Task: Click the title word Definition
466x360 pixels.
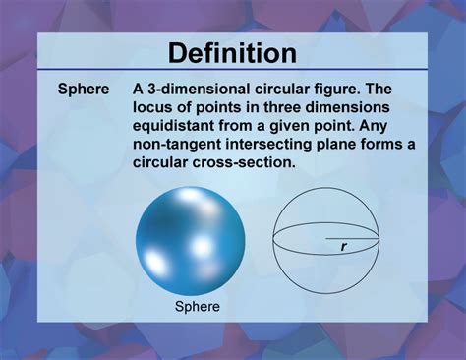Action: (232, 53)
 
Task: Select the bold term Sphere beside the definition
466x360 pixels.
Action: (84, 89)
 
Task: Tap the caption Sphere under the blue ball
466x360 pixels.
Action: (197, 306)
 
